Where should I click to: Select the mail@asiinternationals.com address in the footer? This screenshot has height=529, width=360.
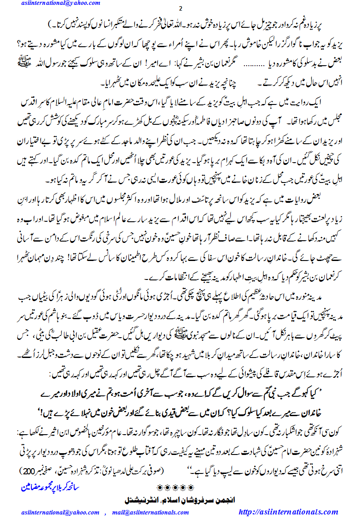click(x=150, y=512)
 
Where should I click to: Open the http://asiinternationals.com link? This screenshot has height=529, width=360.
click(x=288, y=512)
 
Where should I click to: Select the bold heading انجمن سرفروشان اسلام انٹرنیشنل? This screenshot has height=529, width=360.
click(x=180, y=500)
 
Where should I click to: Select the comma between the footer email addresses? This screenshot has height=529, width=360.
click(x=106, y=513)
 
